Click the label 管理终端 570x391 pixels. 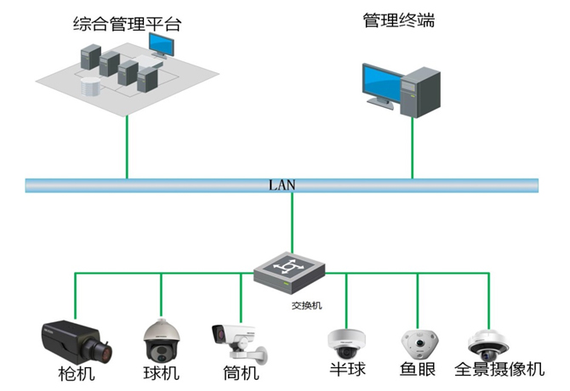point(398,21)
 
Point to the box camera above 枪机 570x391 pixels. point(75,338)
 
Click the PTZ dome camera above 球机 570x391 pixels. point(161,340)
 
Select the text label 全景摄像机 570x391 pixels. point(499,370)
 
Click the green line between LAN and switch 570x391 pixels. point(292,221)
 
